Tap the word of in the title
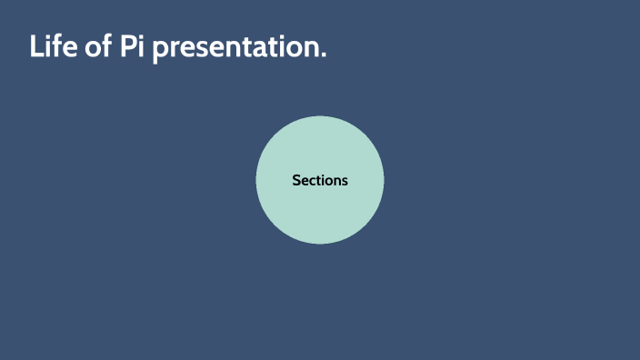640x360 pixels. (99, 46)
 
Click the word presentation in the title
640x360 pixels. (235, 48)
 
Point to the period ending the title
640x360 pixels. (323, 57)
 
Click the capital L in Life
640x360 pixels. (36, 46)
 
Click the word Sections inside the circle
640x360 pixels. (320, 180)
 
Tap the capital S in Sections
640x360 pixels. (296, 180)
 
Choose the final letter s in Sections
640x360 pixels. (345, 181)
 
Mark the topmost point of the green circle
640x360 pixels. (320, 116)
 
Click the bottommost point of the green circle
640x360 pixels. (320, 244)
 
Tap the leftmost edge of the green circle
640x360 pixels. (256, 180)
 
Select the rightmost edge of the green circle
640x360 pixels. (384, 180)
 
